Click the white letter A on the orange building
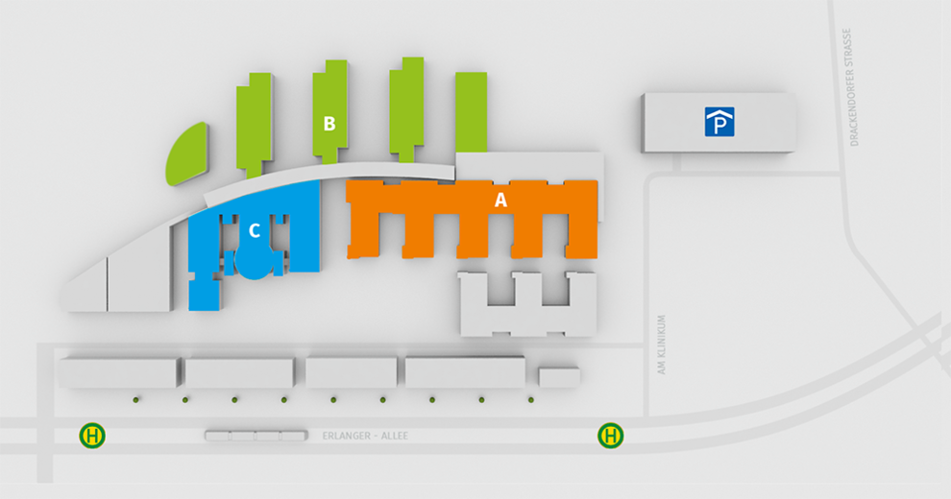pos(500,200)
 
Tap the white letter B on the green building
pos(329,124)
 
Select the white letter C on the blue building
pos(255,230)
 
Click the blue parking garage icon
pos(719,122)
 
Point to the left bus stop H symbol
pos(92,436)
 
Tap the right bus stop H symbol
pos(611,436)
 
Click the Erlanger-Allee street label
pos(365,436)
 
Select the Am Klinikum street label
pos(662,345)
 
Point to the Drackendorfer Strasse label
pos(855,87)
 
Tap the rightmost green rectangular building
pos(472,112)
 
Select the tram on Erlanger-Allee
pos(256,436)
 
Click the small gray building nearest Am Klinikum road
pos(559,377)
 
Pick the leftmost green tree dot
pos(135,400)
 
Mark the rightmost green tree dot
pos(530,400)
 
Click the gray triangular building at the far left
pos(89,290)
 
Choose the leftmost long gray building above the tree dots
pos(119,372)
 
